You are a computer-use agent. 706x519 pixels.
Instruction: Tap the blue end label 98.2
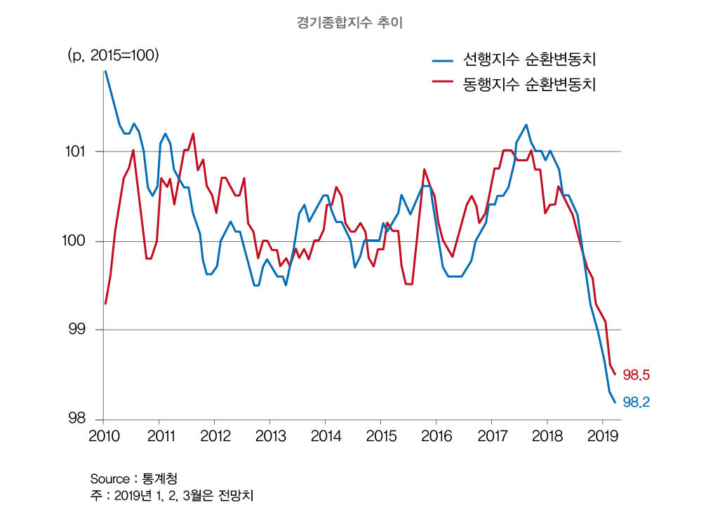(x=636, y=402)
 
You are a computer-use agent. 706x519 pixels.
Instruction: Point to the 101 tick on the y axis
(x=78, y=151)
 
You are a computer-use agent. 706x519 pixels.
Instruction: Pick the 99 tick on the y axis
(x=81, y=330)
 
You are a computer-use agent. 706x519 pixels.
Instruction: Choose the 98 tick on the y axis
(x=81, y=419)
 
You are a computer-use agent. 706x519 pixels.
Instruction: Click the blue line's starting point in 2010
(x=105, y=71)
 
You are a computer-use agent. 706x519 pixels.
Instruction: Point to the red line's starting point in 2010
(x=105, y=303)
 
